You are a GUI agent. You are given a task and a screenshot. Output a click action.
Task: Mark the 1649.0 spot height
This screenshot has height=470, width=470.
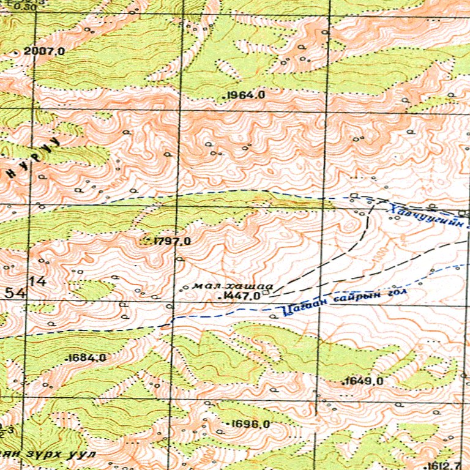(364, 381)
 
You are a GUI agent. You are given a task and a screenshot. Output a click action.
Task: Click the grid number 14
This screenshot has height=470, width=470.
(40, 282)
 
